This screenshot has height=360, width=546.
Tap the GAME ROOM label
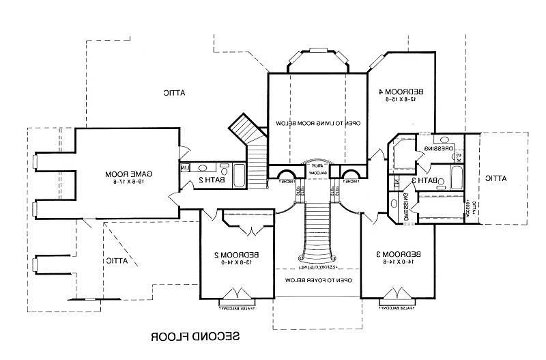[x=128, y=174]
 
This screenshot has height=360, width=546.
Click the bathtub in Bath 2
[x=239, y=176]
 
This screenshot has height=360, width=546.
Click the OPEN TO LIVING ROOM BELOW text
[x=318, y=122]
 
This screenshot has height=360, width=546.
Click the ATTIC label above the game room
[x=175, y=93]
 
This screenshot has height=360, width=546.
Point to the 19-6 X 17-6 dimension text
[x=130, y=182]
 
